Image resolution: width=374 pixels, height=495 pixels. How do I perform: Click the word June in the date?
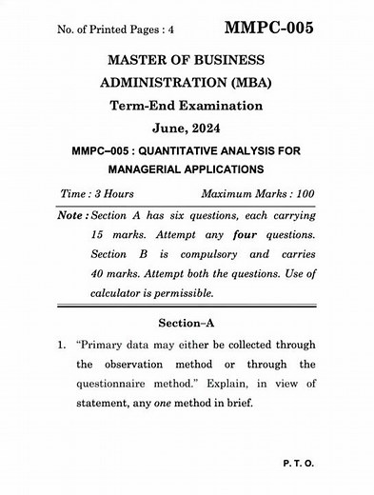click(x=171, y=129)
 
